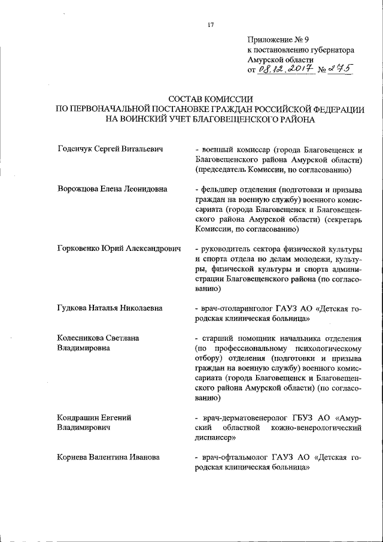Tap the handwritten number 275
coord(339,70)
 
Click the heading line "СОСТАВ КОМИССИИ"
coord(209,99)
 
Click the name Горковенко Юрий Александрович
coord(118,249)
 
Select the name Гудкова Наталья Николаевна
coord(110,308)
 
